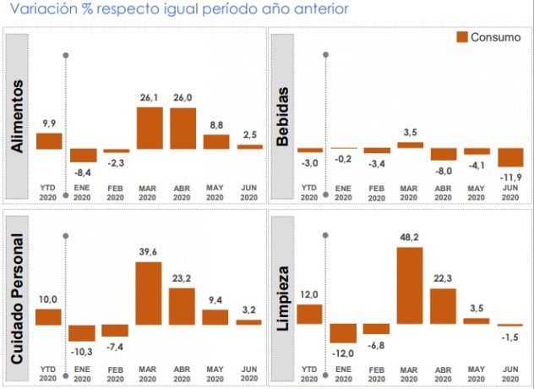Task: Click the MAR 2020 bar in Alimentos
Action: (150, 127)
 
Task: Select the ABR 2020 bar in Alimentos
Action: (183, 128)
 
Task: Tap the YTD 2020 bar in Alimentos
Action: (49, 140)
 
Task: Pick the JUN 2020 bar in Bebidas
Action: (511, 157)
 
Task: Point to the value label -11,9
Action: (511, 175)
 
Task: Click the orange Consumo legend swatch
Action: (461, 37)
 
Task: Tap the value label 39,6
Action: (149, 253)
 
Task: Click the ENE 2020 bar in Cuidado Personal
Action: (82, 332)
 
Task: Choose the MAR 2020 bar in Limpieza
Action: (410, 285)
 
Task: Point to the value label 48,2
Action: (410, 238)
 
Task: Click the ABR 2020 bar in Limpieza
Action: (443, 306)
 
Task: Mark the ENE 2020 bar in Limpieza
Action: (343, 332)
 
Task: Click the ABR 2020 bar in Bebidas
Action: (443, 154)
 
